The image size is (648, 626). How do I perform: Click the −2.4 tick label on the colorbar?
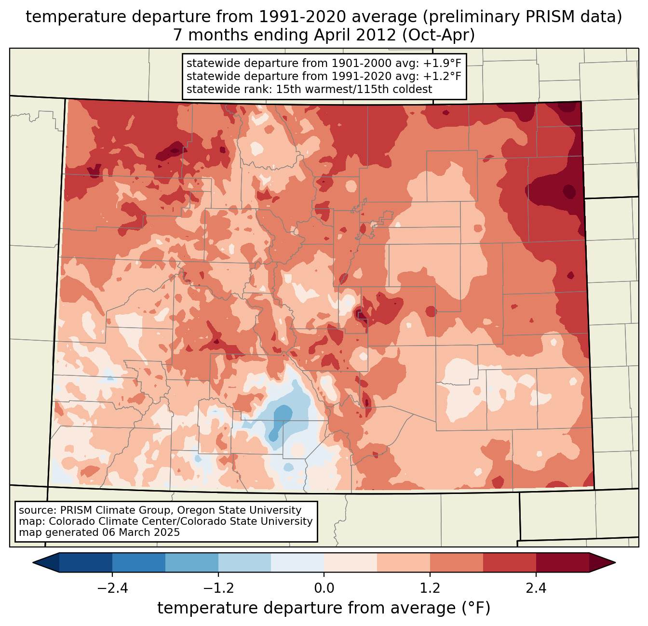tap(112, 588)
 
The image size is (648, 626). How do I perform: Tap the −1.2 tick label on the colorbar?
tap(218, 588)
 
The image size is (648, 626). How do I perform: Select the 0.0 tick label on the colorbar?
tap(324, 588)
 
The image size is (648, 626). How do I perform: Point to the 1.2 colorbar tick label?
tap(430, 588)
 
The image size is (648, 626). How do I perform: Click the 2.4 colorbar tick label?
tap(536, 588)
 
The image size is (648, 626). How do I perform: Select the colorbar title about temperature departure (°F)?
tap(324, 608)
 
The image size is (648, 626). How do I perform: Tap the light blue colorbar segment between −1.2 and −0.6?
tap(244, 562)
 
